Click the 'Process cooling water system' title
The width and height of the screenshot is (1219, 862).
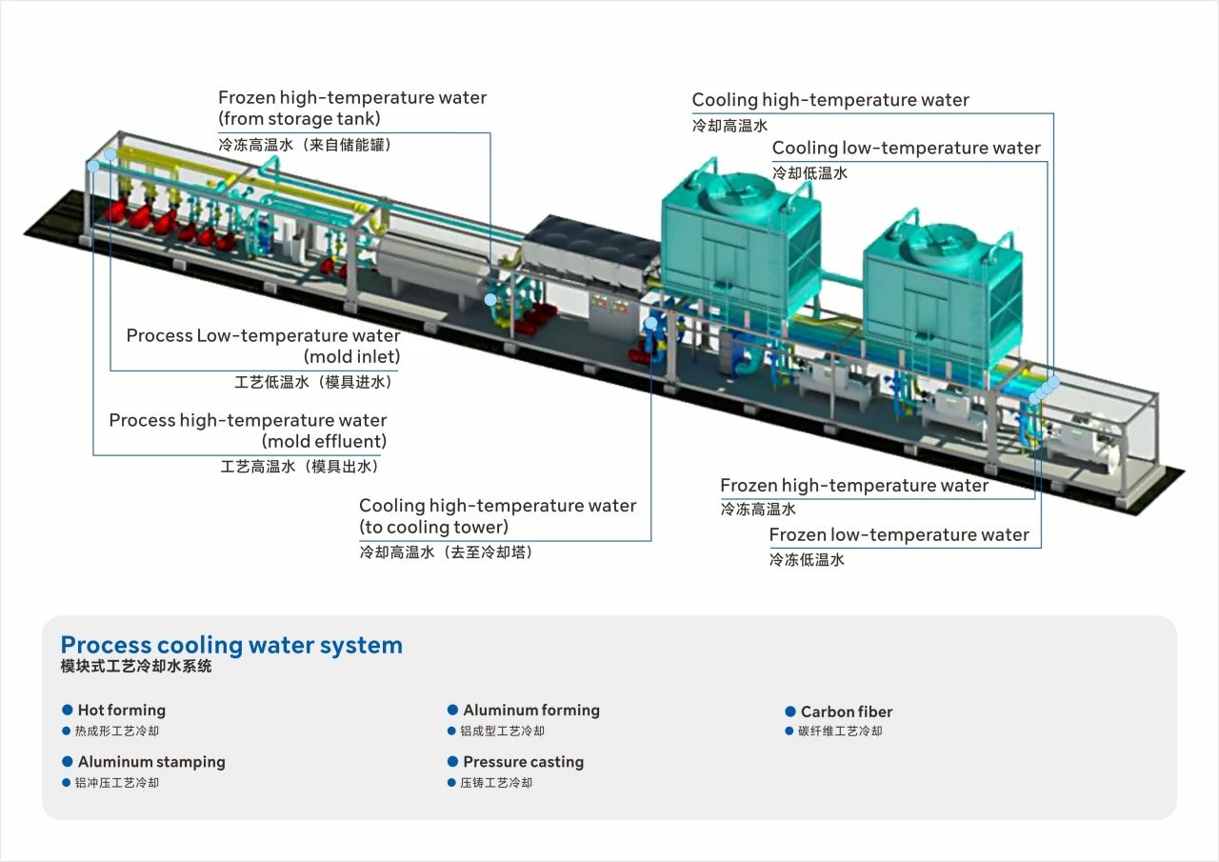coord(231,645)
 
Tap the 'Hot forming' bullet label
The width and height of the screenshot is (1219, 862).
coord(121,710)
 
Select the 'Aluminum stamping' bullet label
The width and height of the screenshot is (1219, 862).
coord(151,762)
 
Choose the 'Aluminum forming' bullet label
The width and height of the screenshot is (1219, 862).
coord(531,710)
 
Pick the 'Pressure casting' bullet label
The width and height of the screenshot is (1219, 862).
coord(523,762)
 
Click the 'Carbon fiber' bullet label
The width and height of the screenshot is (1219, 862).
coord(847,712)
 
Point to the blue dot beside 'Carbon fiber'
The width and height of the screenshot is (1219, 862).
coord(790,712)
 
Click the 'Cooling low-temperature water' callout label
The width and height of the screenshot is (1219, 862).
coord(906,148)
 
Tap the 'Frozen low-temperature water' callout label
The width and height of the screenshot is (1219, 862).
coord(899,534)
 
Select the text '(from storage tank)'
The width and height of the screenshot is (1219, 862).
coord(299,119)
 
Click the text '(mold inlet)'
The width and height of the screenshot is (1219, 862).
coord(352,357)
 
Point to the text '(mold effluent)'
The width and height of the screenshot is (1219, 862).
coord(324,441)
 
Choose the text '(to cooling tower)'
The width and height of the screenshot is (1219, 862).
coord(433,527)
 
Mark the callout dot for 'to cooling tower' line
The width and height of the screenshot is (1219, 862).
coord(651,322)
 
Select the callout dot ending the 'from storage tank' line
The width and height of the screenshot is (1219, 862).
coord(490,299)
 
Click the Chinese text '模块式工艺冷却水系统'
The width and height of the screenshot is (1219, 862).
coord(136,667)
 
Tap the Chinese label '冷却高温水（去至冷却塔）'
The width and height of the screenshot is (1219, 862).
coord(446,551)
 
